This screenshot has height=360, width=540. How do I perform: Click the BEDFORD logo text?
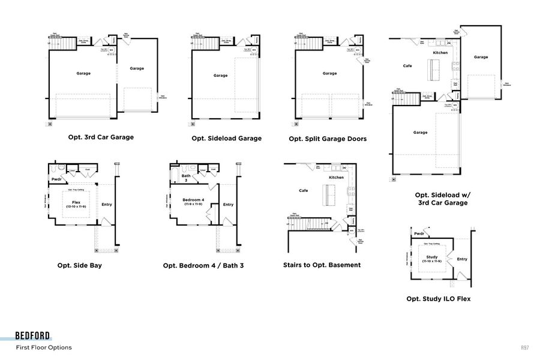point(33,336)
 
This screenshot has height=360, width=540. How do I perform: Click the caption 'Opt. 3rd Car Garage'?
point(101,137)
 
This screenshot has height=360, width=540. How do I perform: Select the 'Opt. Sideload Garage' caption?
point(226,138)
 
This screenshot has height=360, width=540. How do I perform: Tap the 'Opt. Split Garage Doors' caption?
point(328,139)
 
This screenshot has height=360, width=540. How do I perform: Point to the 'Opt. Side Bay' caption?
point(79,265)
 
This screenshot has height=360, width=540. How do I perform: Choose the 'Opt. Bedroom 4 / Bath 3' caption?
point(203,265)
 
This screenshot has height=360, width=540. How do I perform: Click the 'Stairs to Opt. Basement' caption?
point(322,265)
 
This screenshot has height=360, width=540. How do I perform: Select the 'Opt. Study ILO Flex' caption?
point(438,298)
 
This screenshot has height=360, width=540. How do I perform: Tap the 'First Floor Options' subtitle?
point(44,347)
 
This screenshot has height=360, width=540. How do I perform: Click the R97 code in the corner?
point(525,347)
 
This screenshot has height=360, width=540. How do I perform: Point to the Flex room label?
point(76,203)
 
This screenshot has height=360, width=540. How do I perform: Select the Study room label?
point(432,257)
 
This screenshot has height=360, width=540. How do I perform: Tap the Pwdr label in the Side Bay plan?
point(57,179)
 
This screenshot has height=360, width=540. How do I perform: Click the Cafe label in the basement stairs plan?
point(304,190)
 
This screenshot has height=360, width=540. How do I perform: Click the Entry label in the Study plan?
point(462,259)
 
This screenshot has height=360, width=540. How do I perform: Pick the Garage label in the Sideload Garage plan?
point(220,76)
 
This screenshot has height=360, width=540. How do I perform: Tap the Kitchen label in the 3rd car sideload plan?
point(440,53)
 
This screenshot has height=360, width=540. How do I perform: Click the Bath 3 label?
point(186,178)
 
